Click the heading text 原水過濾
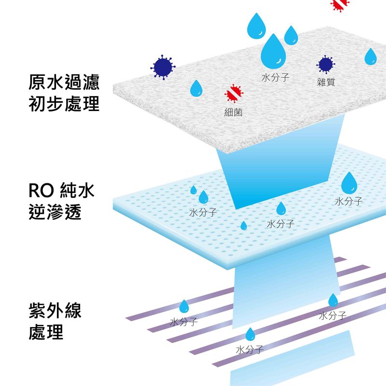[x=64, y=83]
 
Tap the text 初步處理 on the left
[x=64, y=104]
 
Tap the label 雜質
[x=326, y=82]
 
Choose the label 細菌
[x=233, y=112]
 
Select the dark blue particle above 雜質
[x=326, y=64]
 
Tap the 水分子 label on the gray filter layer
[x=275, y=78]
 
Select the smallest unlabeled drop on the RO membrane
[x=244, y=225]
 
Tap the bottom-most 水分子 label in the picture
[x=249, y=349]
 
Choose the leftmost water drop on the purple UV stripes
[x=184, y=307]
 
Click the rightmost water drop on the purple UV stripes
[x=333, y=301]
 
